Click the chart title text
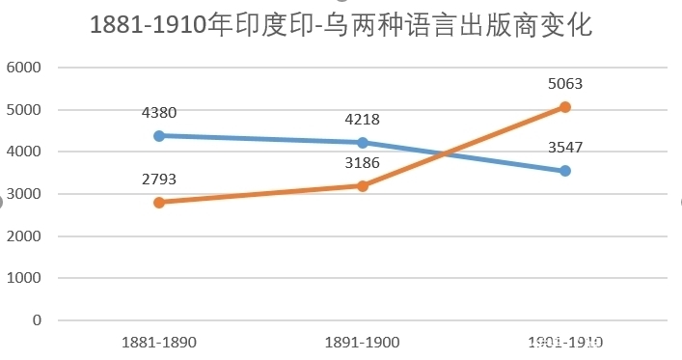click(x=341, y=26)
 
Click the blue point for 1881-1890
click(x=159, y=135)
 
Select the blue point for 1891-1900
click(x=363, y=142)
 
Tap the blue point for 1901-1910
click(x=565, y=171)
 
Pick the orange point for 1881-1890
click(x=159, y=202)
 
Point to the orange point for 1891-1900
click(x=363, y=185)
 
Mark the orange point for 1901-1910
click(x=565, y=107)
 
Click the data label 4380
click(x=159, y=113)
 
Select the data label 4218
click(x=363, y=120)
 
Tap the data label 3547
click(x=565, y=148)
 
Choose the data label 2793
click(x=159, y=179)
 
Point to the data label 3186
click(x=363, y=163)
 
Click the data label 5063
click(x=565, y=84)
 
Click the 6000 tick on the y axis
click(x=24, y=68)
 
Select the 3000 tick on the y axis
click(x=24, y=194)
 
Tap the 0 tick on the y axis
click(x=37, y=319)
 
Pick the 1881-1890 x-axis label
click(x=159, y=342)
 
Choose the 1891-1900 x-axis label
click(x=363, y=342)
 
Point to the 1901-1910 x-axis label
click(x=565, y=342)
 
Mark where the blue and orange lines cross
click(x=443, y=153)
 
